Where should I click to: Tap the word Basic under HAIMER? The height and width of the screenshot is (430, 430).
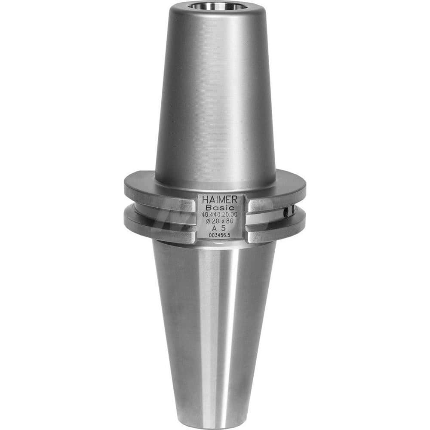click(x=220, y=207)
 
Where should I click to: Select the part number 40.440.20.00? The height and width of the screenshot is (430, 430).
click(x=221, y=214)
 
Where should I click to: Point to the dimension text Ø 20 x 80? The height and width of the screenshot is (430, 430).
click(x=221, y=221)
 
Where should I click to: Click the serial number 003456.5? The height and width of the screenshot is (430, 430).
click(x=220, y=235)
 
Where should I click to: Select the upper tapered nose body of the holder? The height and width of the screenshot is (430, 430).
click(x=215, y=95)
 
